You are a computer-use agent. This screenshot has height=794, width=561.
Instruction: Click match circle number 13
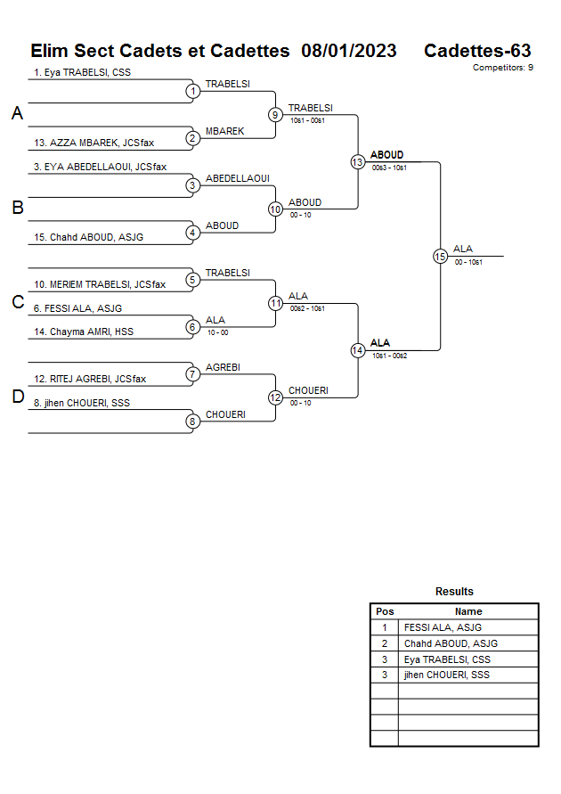pos(357,162)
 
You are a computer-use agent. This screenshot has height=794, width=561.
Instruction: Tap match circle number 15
pos(440,257)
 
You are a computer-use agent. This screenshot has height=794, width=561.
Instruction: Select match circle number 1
pos(192,91)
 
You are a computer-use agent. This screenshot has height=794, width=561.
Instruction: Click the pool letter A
pos(17,114)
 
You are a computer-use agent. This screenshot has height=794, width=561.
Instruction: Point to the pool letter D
pos(17,397)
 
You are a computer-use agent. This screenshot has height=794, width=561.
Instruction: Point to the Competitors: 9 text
pos(502,68)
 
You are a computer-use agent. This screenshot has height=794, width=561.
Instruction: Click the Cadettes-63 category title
pos(477,51)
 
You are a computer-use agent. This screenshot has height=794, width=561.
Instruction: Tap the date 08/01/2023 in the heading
pos(349,51)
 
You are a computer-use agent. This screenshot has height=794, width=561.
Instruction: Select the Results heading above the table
pos(454,592)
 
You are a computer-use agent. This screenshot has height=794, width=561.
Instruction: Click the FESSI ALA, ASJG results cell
pos(443,627)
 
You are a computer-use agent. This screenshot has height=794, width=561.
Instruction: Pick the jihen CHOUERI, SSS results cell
pos(446,675)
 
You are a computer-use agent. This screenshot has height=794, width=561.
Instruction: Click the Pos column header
pos(385,611)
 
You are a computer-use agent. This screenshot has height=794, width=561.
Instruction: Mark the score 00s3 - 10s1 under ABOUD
pos(389,168)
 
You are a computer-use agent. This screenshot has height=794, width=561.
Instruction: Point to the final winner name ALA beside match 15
pos(462,249)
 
